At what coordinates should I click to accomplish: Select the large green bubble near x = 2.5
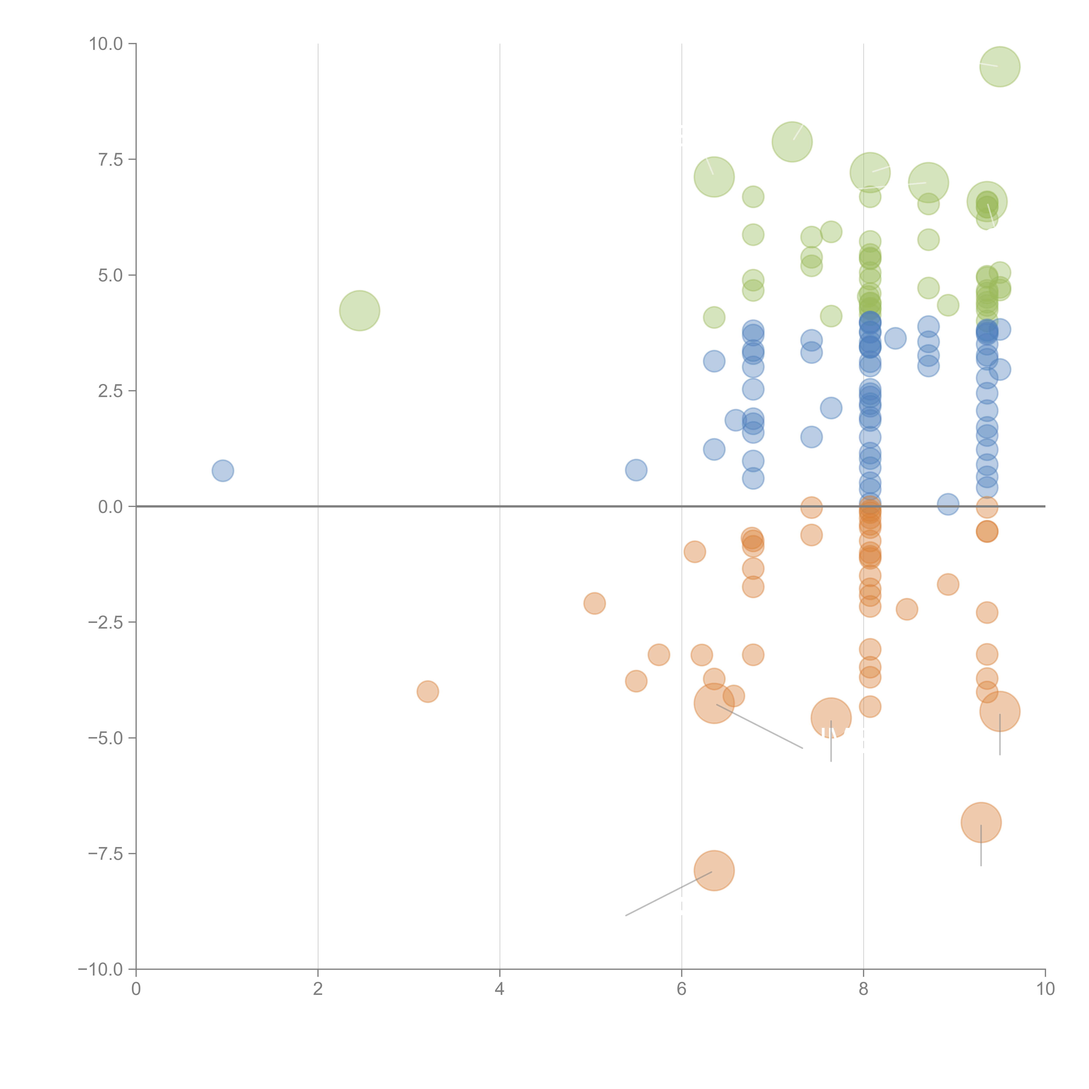[360, 311]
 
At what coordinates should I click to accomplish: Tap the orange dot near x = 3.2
[428, 692]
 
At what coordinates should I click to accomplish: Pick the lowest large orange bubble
[714, 871]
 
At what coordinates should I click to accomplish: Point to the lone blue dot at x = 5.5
[636, 470]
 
